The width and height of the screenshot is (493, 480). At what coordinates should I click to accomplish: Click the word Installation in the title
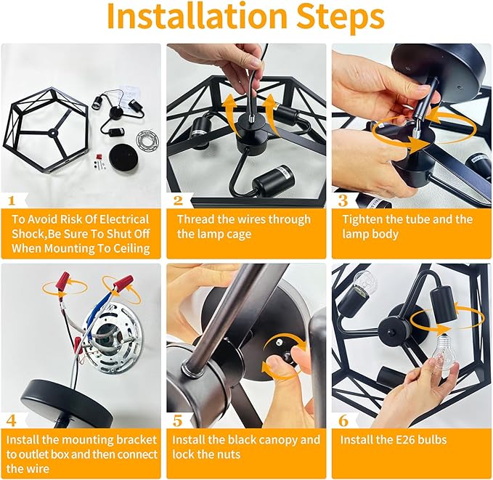[x=197, y=16]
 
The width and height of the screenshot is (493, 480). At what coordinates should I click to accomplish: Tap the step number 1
[x=12, y=200]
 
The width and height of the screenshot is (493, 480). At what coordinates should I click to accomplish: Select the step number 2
[x=178, y=200]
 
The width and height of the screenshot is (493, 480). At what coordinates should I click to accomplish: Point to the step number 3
[x=343, y=200]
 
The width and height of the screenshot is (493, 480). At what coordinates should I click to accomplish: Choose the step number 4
[x=12, y=420]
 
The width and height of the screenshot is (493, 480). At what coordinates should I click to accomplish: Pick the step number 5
[x=178, y=420]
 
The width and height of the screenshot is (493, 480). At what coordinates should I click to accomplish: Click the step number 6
[x=343, y=420]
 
